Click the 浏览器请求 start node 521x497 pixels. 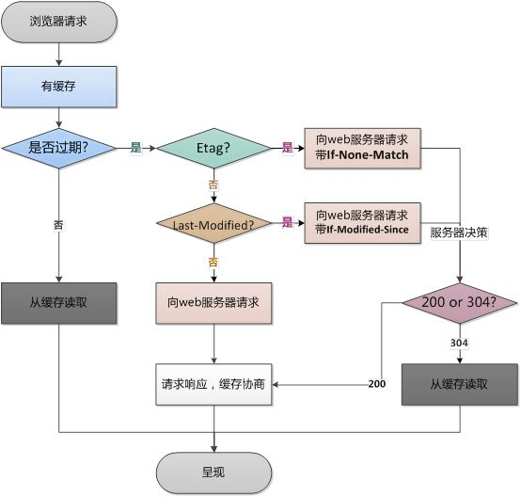pos(59,21)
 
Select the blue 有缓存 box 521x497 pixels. pos(59,86)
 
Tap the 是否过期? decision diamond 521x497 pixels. pos(59,148)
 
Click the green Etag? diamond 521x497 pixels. pos(213,148)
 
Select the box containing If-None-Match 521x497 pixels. pos(362,147)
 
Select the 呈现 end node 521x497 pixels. pos(213,470)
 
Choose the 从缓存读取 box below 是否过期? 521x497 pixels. pos(59,302)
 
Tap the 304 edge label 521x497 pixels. pos(460,344)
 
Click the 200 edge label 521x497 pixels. pos(377,385)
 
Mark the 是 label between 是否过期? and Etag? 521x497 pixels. pos(134,148)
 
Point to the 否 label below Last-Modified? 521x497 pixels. pos(213,261)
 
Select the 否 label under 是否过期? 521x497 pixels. pos(59,224)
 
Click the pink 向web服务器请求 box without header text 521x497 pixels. pos(213,302)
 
